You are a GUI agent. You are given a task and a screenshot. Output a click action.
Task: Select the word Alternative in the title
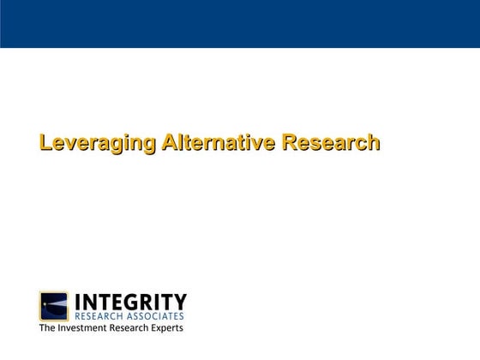click(x=218, y=143)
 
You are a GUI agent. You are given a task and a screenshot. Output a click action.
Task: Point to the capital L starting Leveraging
click(x=45, y=143)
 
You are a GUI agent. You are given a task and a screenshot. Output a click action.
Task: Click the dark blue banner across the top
click(x=240, y=23)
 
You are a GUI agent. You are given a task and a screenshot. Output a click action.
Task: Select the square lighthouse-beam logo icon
click(x=54, y=306)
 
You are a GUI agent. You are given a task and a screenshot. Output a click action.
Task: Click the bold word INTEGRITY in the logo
click(x=130, y=302)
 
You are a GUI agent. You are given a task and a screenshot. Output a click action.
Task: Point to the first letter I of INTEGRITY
click(x=79, y=302)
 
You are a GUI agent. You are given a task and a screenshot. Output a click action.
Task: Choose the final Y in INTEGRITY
click(x=179, y=302)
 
